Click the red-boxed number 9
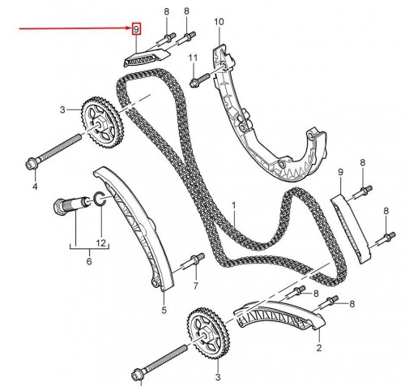pos(136,29)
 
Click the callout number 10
pos(219,22)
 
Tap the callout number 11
pos(193,58)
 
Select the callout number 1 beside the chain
pos(233,205)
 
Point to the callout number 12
pos(100,242)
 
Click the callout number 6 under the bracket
pos(89,261)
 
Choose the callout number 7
pos(196,285)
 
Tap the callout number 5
pos(164,310)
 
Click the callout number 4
pos(35,187)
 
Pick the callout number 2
pos(319,348)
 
